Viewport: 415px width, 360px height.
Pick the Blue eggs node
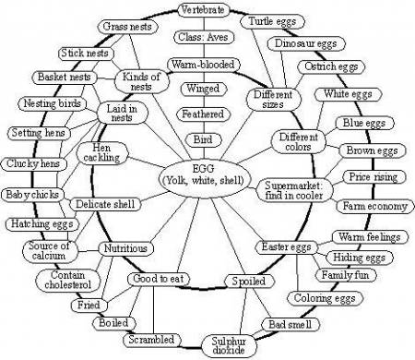(x=362, y=123)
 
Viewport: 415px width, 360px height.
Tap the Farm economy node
(x=373, y=206)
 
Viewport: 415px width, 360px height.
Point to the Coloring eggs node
(x=318, y=298)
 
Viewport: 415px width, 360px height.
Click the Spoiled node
(x=248, y=281)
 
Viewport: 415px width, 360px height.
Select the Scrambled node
(x=151, y=340)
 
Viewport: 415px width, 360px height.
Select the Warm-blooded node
(x=202, y=66)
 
